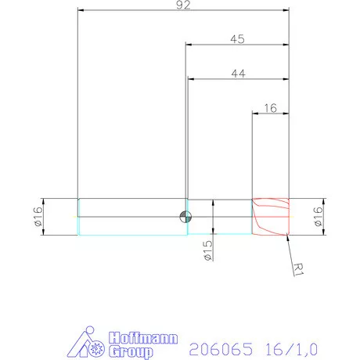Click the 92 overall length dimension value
click(183, 5)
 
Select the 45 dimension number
click(237, 38)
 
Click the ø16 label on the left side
click(37, 215)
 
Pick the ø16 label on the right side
click(319, 215)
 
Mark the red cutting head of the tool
click(271, 215)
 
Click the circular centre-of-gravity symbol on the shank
click(185, 217)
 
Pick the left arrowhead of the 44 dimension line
click(191, 78)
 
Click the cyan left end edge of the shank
click(78, 215)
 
